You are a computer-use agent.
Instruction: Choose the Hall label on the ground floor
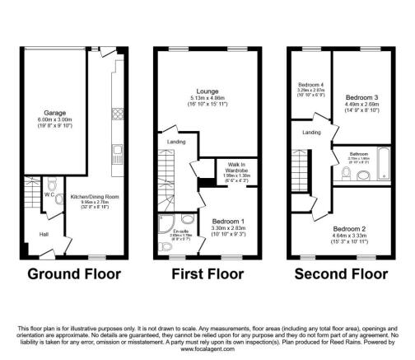point(31,236)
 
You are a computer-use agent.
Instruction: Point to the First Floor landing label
point(176,142)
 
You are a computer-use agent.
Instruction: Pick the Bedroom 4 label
point(310,86)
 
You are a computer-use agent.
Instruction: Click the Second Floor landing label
point(311,133)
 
